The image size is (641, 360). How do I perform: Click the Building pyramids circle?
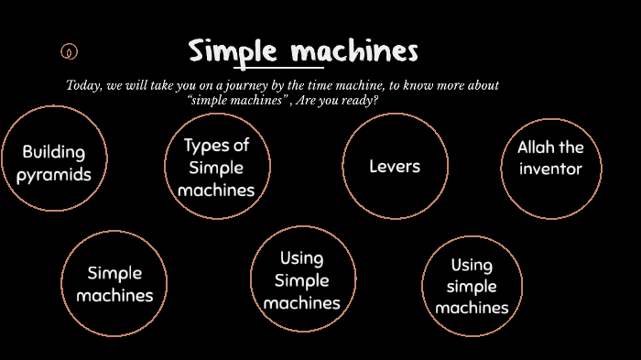coord(53,158)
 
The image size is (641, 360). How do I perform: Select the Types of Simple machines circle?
coord(217,166)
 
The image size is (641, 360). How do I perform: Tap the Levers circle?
coord(395,166)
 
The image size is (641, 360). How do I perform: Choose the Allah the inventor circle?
coord(551,168)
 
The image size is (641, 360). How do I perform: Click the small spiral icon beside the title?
coord(70,51)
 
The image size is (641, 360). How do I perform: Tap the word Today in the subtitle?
coord(83,85)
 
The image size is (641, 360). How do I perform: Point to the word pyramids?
coord(53,174)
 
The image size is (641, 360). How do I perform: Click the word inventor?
coord(550,169)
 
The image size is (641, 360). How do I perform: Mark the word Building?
coord(53,151)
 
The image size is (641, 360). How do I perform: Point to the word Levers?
coord(395,166)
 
